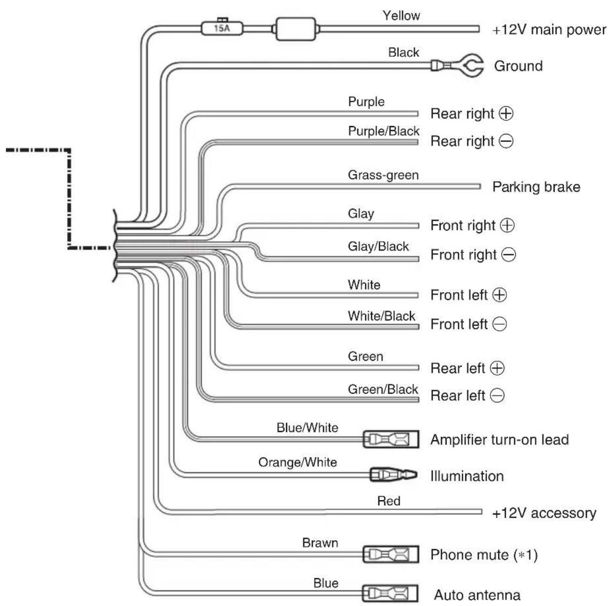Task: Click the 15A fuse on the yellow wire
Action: pos(222,28)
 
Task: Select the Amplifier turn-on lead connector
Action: pos(391,439)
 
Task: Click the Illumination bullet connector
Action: pos(394,475)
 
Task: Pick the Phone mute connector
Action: pos(391,554)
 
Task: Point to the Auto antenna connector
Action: pos(390,593)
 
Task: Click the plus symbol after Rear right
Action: pos(506,113)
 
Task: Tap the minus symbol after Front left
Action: pos(499,324)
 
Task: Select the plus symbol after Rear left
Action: pos(497,368)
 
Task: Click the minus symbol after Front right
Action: pos(509,255)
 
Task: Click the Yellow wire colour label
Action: pos(401,15)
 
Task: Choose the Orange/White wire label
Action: pos(297,463)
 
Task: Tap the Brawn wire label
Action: pos(320,543)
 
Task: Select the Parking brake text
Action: pos(536,187)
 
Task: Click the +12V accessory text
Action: pos(544,513)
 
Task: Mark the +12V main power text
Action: pos(549,30)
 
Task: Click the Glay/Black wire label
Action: pos(378,247)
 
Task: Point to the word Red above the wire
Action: pos(389,501)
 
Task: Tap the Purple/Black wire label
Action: pos(384,131)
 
